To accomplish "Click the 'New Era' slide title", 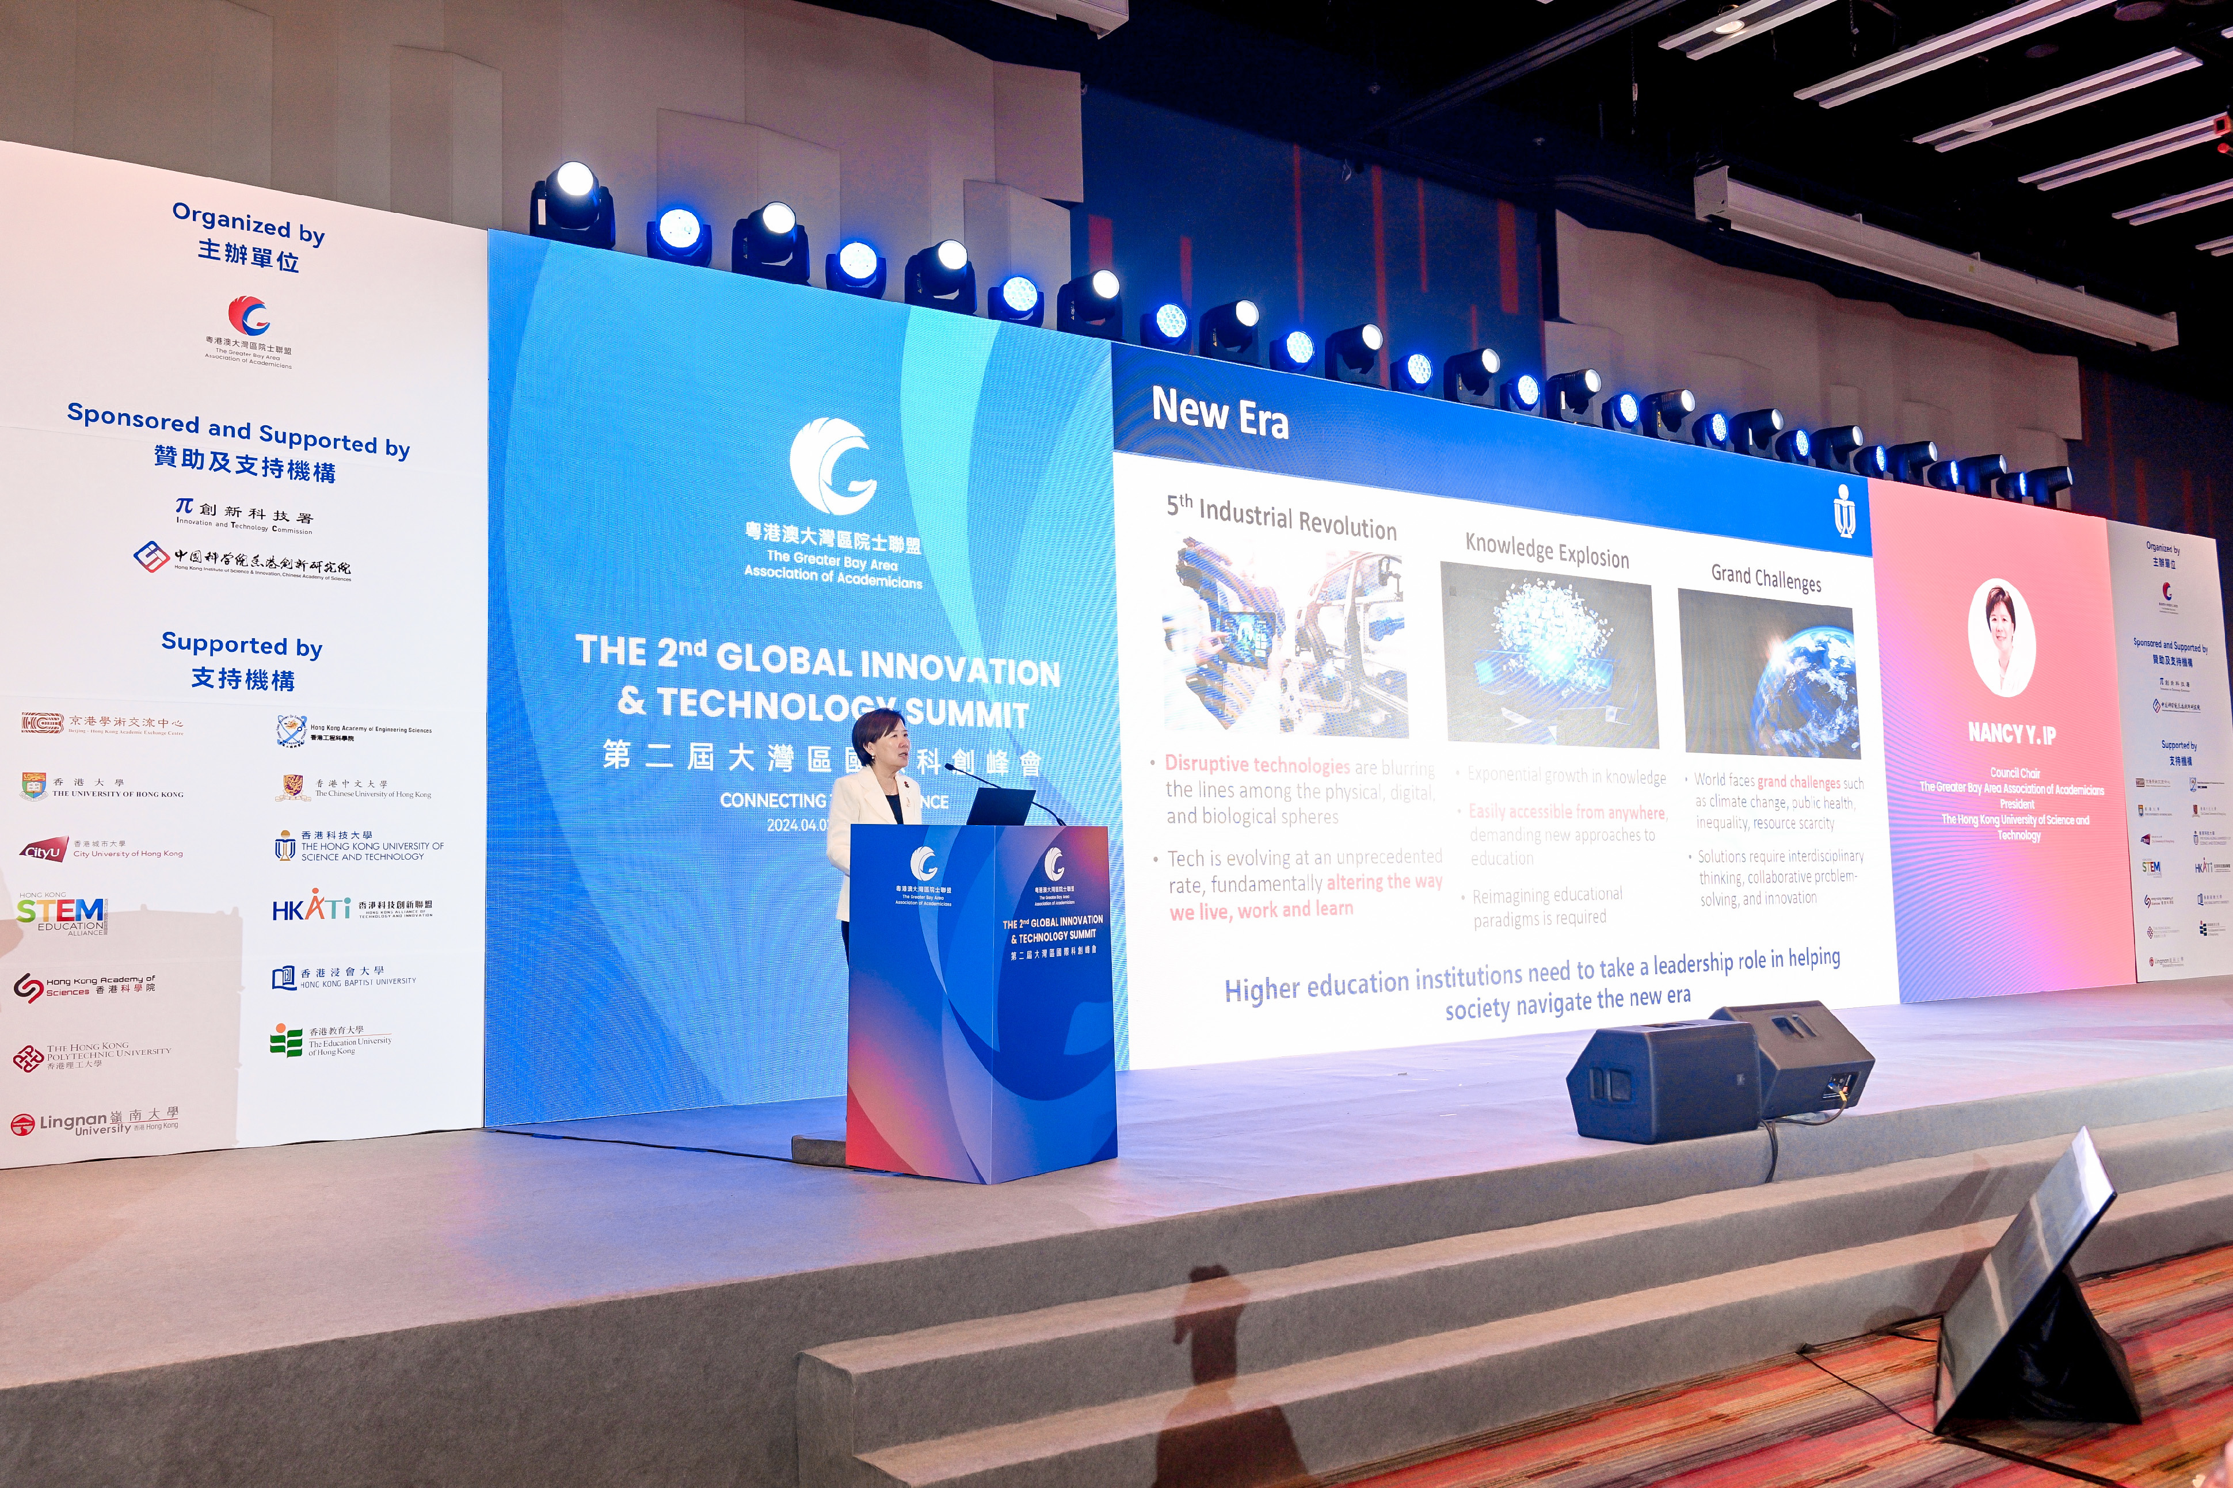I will pyautogui.click(x=1220, y=414).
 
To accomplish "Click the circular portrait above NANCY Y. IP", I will pyautogui.click(x=2002, y=638).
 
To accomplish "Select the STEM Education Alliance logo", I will pyautogui.click(x=62, y=914).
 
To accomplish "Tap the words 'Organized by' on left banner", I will pyautogui.click(x=249, y=223).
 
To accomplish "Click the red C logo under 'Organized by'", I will pyautogui.click(x=249, y=316).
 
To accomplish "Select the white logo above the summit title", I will pyautogui.click(x=833, y=466).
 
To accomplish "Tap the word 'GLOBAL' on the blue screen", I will pyautogui.click(x=784, y=659).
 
